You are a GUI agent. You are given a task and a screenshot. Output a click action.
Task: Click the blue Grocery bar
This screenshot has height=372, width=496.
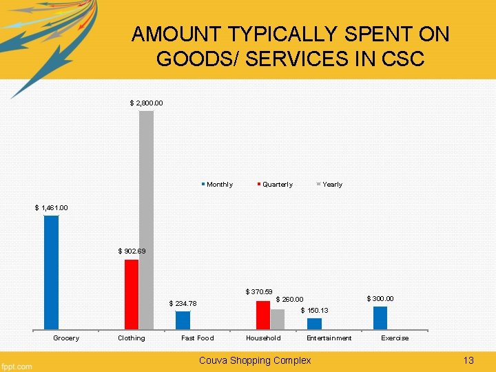point(52,272)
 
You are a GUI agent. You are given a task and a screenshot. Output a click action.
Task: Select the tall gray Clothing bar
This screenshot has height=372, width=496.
point(146,220)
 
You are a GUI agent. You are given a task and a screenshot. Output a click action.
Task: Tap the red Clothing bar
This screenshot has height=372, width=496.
point(131,294)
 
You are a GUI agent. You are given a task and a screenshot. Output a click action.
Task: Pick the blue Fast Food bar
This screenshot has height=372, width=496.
point(183,320)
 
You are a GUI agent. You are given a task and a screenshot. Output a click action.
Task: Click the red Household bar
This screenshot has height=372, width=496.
point(262,315)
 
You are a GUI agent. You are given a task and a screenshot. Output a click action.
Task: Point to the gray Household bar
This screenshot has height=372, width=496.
point(277,319)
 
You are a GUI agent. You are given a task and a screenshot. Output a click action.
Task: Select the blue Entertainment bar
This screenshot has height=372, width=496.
point(314,323)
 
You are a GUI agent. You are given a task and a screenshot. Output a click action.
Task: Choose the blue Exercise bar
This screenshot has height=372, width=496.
point(380,318)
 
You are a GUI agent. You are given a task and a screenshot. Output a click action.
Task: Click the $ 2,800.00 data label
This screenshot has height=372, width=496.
point(147,103)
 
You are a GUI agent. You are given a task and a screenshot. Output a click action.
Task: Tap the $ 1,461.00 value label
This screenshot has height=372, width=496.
point(52,208)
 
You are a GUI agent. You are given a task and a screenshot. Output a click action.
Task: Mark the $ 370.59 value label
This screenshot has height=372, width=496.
point(259,293)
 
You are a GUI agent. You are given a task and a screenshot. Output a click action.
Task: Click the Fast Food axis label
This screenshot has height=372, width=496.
point(197,338)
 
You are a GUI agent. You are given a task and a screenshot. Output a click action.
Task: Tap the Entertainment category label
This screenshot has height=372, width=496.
point(329,338)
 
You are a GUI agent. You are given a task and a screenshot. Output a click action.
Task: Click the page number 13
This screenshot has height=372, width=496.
point(469,360)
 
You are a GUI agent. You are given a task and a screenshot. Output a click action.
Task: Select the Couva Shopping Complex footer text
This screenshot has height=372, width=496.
point(254,360)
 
